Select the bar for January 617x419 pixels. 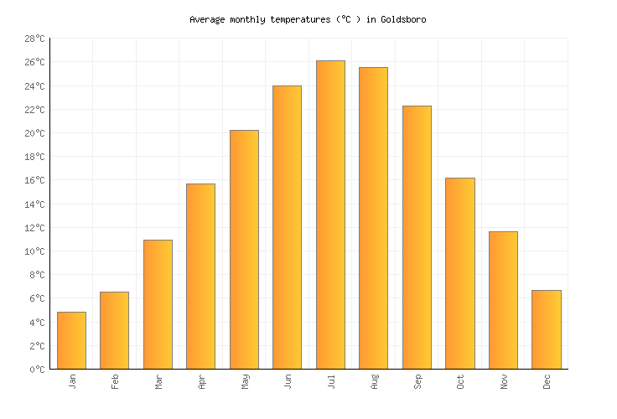click(71, 340)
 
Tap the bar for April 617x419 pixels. click(200, 276)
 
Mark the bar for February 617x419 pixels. click(114, 330)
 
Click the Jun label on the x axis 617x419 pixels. click(288, 381)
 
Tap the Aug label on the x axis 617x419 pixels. click(375, 382)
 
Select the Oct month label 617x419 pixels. click(461, 381)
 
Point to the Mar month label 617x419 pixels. click(158, 381)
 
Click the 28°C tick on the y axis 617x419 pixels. click(34, 39)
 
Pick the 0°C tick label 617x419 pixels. click(37, 369)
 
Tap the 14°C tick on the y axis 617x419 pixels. click(34, 204)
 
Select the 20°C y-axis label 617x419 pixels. click(34, 133)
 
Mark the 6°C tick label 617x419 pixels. click(37, 298)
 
